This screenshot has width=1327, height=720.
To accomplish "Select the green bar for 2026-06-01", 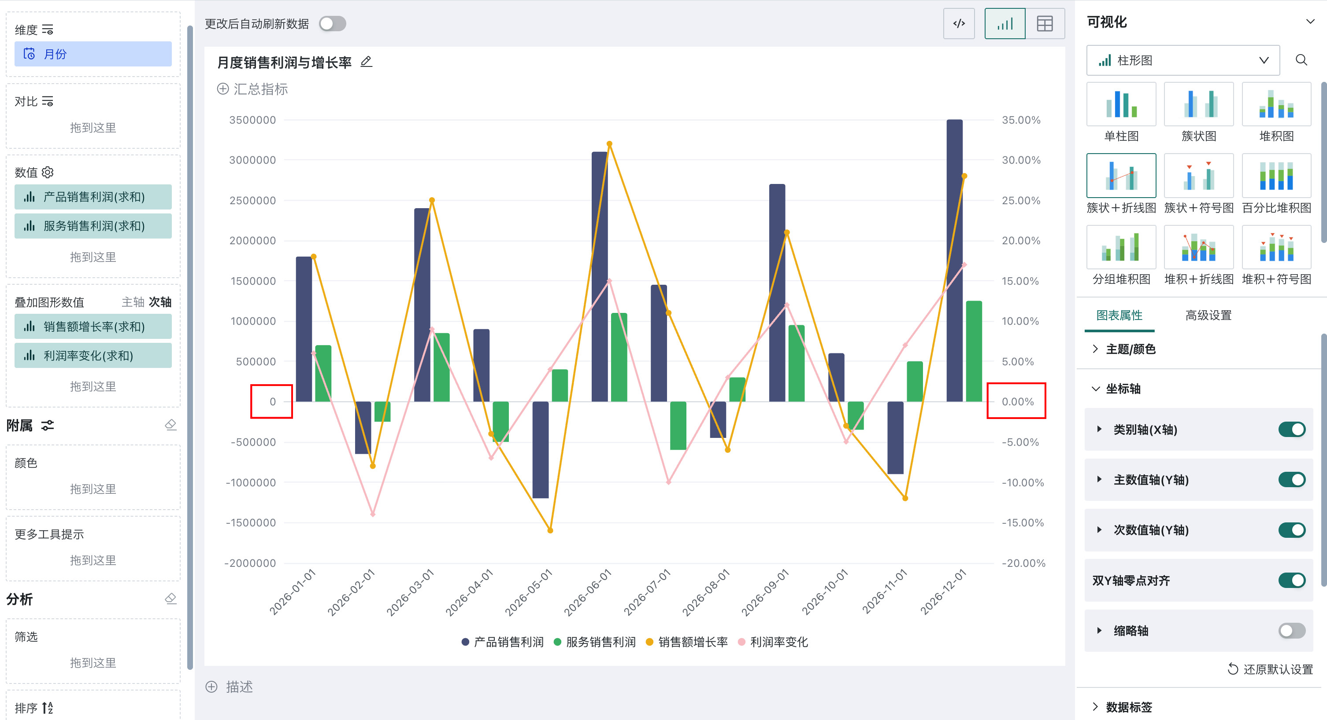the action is tap(619, 357).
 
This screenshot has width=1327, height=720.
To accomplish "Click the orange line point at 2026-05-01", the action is tap(550, 530).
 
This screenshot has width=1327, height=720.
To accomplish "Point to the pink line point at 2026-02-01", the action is tap(373, 514).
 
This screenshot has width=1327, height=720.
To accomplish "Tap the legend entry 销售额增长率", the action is tap(687, 642).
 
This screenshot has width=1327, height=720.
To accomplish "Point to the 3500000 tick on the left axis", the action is tap(252, 120).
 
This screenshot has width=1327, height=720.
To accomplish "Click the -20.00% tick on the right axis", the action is tap(1023, 563).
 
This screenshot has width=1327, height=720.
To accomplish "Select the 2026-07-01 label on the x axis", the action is tap(647, 592).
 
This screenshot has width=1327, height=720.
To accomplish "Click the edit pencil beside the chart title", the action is tap(366, 62).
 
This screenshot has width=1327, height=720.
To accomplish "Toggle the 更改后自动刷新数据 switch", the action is tap(332, 24).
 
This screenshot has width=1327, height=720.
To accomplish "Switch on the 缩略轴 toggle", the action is tap(1291, 631).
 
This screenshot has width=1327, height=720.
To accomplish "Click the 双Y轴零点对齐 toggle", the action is tap(1291, 580).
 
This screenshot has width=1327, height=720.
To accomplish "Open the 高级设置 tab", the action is tap(1208, 315).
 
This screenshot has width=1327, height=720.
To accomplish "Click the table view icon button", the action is tap(1045, 24).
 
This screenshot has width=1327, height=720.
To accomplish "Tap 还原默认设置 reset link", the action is tap(1270, 669).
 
